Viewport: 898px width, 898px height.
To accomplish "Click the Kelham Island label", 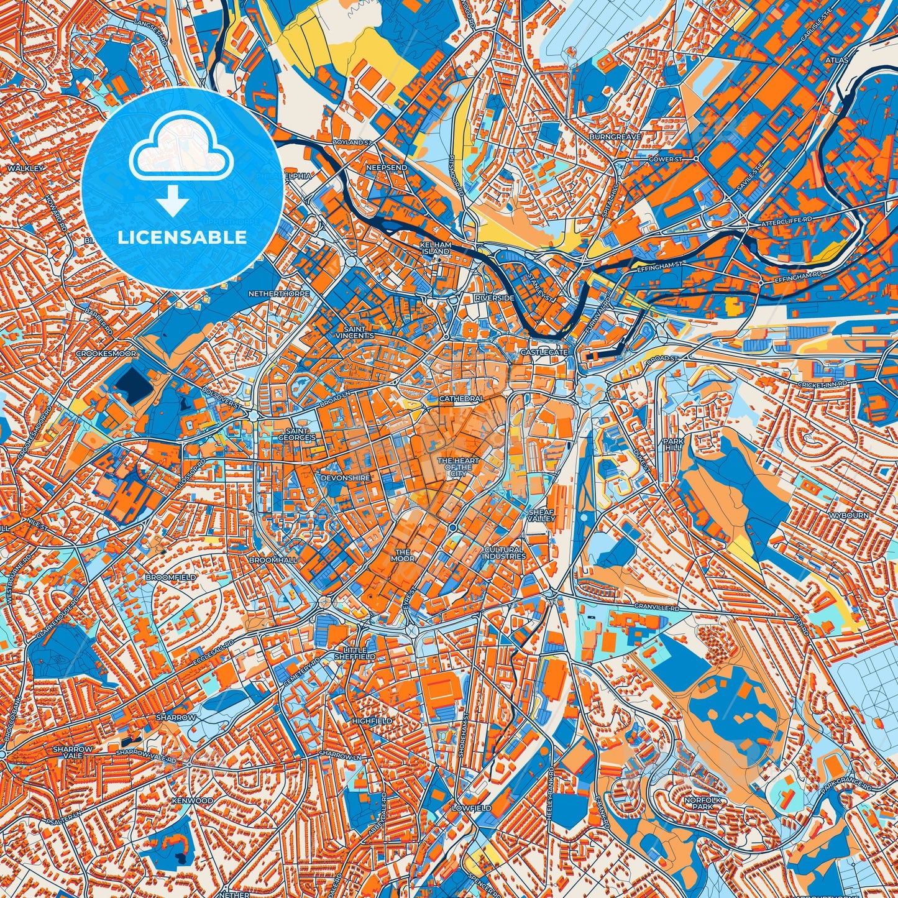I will click(x=435, y=249).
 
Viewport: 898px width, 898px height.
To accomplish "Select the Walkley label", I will click(x=25, y=168).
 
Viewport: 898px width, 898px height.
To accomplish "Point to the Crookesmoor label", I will click(x=106, y=353).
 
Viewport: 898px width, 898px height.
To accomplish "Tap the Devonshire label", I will click(x=346, y=478).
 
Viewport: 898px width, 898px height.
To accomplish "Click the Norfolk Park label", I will click(x=702, y=804).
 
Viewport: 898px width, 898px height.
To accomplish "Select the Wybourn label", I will click(x=848, y=516).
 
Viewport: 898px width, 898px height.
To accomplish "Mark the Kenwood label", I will click(x=192, y=801).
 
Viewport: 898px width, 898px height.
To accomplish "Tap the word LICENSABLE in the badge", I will click(x=182, y=237).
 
